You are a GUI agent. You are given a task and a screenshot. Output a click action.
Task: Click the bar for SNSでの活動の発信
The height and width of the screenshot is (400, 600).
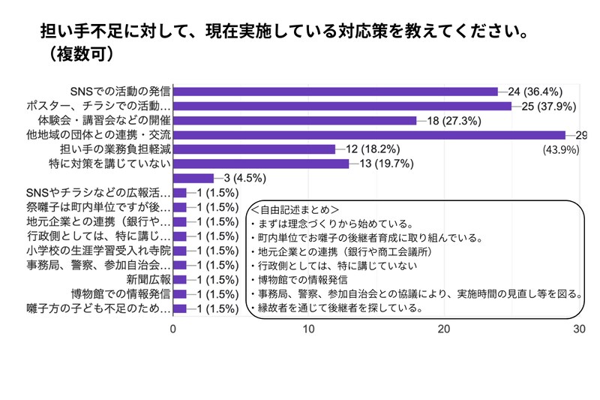335,92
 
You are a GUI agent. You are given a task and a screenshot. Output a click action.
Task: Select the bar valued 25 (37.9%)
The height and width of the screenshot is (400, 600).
342,106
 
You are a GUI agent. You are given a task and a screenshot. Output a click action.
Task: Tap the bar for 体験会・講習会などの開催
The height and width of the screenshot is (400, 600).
295,120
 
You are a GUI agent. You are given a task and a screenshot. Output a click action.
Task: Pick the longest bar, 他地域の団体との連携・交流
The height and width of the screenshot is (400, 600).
369,135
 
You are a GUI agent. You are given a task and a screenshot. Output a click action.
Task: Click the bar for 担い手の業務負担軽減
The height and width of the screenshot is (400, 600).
254,149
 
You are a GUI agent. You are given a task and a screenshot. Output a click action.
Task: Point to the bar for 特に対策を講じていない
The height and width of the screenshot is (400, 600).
261,164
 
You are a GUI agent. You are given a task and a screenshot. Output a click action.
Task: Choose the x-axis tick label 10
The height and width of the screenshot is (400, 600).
308,329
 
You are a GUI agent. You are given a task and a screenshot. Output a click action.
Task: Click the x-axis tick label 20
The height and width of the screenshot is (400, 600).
444,329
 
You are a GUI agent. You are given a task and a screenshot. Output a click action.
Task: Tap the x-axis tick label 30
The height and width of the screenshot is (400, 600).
579,329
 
